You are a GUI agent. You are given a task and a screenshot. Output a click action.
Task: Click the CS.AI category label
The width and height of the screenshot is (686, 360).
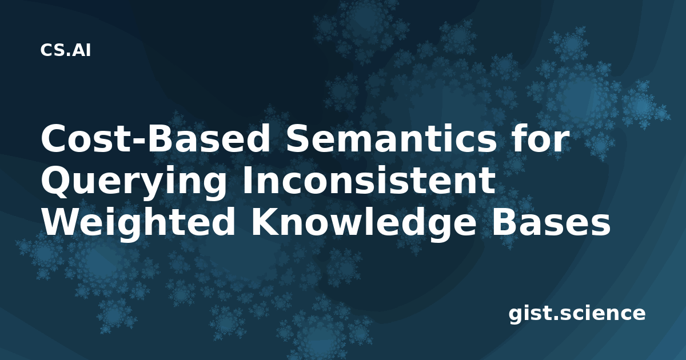[66, 50]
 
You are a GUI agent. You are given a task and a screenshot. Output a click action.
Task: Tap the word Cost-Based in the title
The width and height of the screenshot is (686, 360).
[155, 139]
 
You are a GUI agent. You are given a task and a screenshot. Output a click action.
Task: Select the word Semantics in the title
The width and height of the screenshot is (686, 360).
[390, 139]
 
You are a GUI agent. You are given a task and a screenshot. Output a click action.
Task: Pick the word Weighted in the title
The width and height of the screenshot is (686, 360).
[138, 224]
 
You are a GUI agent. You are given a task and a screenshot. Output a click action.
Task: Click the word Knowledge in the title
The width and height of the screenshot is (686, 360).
[364, 224]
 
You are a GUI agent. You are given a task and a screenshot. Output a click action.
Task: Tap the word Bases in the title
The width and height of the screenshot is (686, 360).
[551, 222]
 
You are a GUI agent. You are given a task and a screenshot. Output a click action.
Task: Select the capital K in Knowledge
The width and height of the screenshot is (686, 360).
[265, 222]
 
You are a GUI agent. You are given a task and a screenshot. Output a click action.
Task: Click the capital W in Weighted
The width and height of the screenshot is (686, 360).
[62, 222]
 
